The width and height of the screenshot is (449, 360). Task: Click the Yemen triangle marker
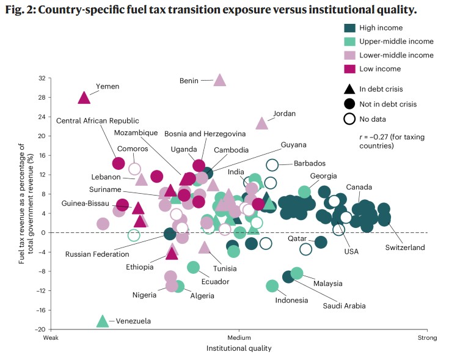(84, 98)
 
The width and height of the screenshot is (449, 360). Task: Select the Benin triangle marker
(220, 79)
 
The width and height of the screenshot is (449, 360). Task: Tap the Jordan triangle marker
(262, 123)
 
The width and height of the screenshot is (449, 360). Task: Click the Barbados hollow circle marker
(272, 164)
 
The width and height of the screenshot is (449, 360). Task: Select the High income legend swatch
(350, 28)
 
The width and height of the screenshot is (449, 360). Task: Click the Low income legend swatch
(350, 68)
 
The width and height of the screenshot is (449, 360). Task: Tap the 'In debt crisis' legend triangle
(349, 90)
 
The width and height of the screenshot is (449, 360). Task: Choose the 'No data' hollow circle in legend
(349, 119)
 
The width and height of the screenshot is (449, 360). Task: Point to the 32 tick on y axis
(42, 78)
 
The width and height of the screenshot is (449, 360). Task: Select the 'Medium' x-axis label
(239, 338)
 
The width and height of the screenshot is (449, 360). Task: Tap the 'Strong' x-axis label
(426, 338)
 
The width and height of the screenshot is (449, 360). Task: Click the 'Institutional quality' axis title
(238, 348)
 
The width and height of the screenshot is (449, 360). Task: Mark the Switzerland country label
(404, 248)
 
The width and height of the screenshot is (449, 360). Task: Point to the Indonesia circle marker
(272, 286)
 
